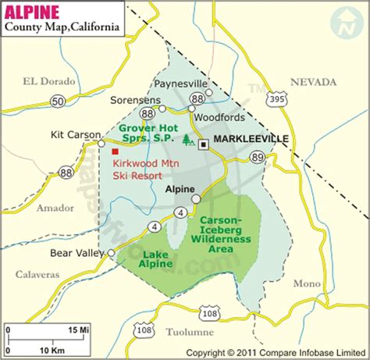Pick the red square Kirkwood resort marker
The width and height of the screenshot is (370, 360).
point(115,151)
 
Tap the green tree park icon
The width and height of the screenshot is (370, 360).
point(188,141)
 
